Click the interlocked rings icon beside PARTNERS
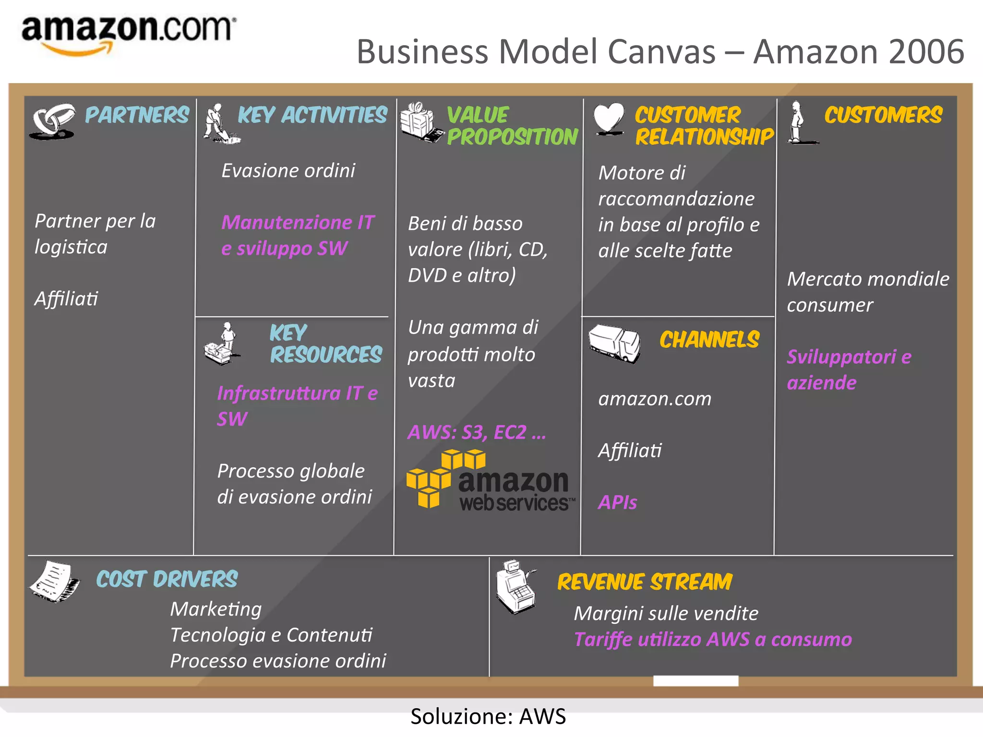[52, 121]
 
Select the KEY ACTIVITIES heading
[312, 115]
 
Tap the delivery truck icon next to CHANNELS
[614, 343]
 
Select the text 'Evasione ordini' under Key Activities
[288, 171]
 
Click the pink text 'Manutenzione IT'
[298, 223]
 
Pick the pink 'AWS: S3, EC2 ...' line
[477, 432]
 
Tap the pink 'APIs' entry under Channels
[617, 502]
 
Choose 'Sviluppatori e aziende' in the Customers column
[849, 369]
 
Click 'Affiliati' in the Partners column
[66, 299]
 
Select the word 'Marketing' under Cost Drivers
[216, 609]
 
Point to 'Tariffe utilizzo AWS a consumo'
[713, 640]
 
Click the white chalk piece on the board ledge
[695, 680]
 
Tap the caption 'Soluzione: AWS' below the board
[488, 716]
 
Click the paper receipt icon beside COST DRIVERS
[55, 582]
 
